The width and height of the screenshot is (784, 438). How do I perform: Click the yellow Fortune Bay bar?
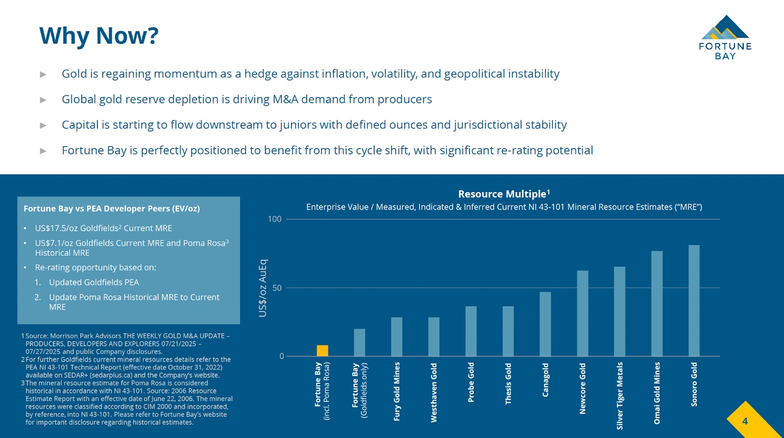click(x=322, y=350)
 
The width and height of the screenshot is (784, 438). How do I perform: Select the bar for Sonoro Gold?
click(x=694, y=300)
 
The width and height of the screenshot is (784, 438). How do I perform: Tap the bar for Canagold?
click(x=545, y=324)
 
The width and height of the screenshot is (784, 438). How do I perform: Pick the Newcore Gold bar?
click(x=583, y=313)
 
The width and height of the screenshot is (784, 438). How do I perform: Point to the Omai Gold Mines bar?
click(x=657, y=303)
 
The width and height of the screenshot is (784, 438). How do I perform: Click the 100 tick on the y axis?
click(x=274, y=219)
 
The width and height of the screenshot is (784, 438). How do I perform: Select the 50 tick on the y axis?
click(x=277, y=288)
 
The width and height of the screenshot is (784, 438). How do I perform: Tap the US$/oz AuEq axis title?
click(x=263, y=288)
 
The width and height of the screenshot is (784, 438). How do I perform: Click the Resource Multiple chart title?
click(x=504, y=194)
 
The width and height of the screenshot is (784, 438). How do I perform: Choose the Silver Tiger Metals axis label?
click(x=620, y=395)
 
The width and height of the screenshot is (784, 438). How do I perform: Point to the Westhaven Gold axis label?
click(x=434, y=392)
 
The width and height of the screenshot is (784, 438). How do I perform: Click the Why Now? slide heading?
click(x=99, y=36)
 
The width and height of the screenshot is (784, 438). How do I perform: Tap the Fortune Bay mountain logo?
click(x=725, y=28)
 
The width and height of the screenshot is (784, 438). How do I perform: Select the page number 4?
click(x=745, y=421)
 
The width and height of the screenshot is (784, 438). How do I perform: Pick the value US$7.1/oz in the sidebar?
click(x=54, y=243)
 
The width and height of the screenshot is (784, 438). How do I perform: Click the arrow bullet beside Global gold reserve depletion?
click(x=43, y=100)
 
